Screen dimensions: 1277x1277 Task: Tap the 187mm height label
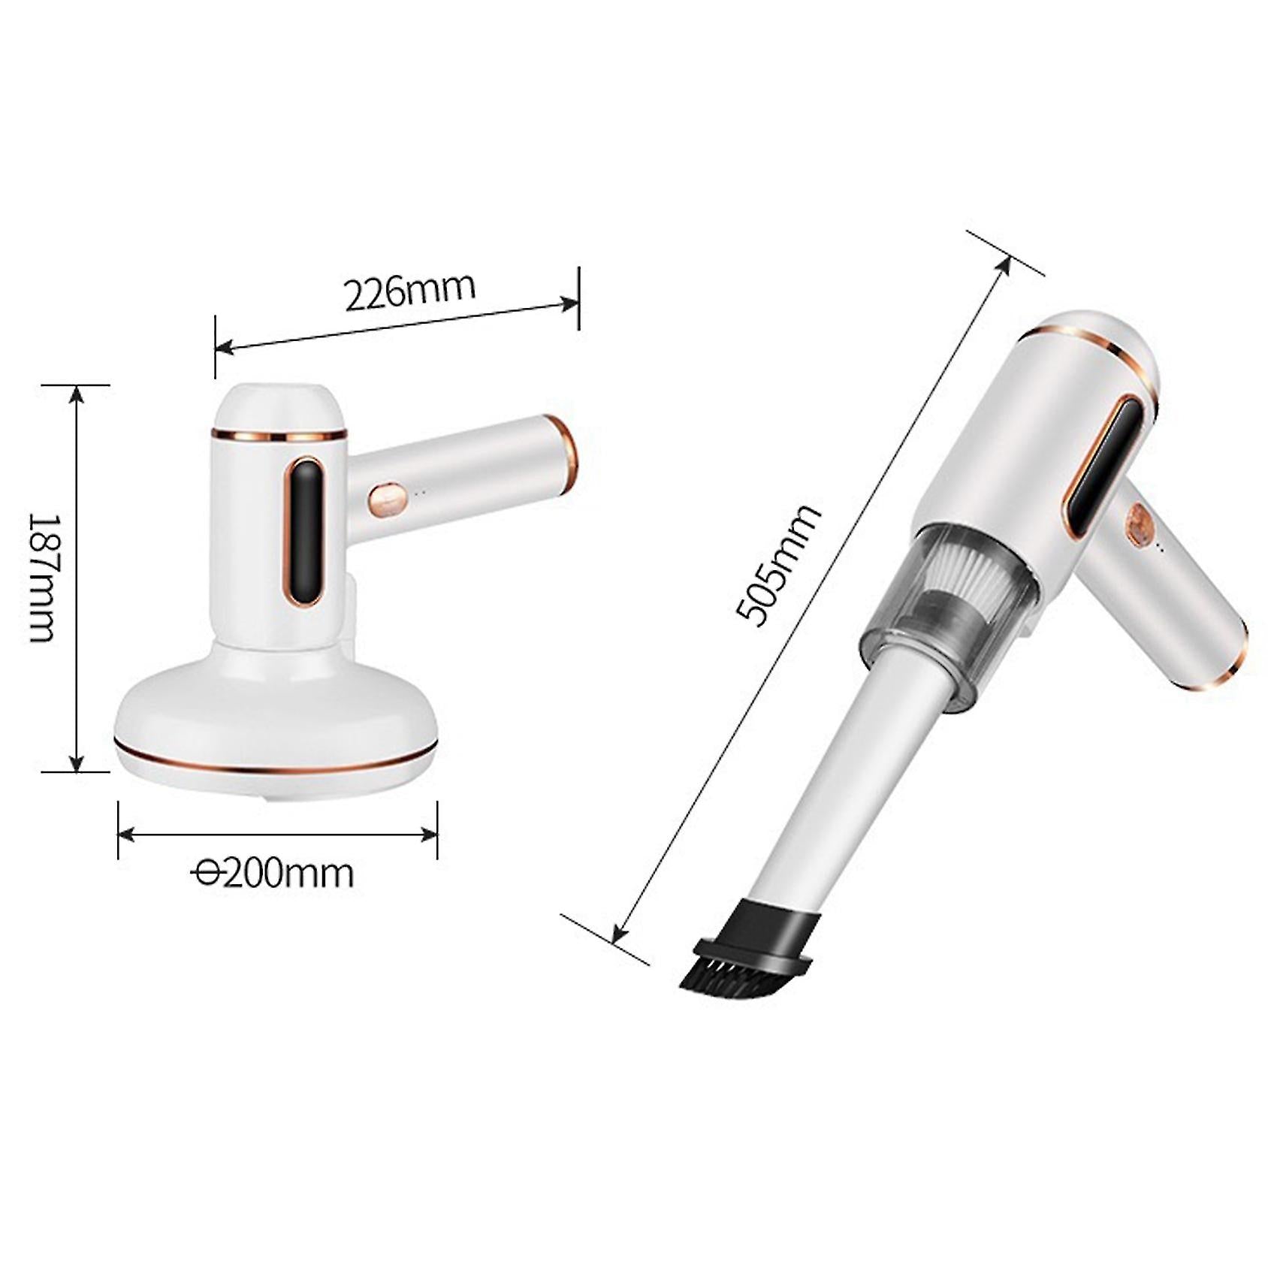pos(43,578)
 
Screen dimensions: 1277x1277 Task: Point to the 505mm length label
pos(777,565)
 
